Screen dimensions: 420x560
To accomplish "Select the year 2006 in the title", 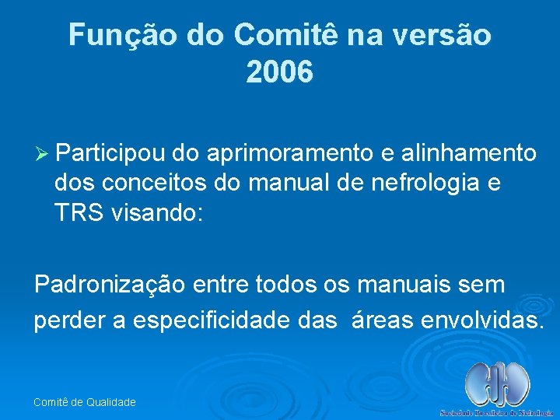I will [279, 73].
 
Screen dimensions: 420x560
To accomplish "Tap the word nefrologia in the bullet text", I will [418, 184].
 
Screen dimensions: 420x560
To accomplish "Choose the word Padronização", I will [110, 285].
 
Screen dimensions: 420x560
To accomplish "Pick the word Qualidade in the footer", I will [110, 402].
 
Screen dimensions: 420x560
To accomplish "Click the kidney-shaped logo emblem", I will [497, 383].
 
